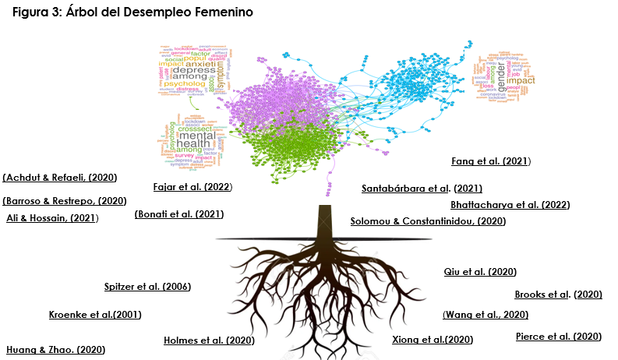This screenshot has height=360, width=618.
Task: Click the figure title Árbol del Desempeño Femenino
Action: (133, 13)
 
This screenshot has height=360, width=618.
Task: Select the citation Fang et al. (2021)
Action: (491, 161)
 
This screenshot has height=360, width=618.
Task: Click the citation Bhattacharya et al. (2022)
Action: (510, 205)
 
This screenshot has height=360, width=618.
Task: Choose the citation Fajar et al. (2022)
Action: (192, 187)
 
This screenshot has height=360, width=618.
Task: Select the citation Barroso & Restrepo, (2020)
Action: (65, 200)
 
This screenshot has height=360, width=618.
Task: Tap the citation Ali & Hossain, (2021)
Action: (52, 217)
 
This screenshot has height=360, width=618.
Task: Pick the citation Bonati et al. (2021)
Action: (179, 214)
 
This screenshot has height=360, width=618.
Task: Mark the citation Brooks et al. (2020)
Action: (558, 295)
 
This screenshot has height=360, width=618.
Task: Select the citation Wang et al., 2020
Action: (486, 315)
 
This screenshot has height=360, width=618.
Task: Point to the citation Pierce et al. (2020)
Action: (559, 337)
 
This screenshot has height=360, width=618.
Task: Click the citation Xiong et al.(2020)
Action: (432, 341)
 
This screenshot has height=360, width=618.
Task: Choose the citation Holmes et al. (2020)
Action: (209, 341)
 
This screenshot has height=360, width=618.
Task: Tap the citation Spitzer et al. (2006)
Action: (147, 287)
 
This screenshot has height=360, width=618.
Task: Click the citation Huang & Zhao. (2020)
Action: (55, 350)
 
